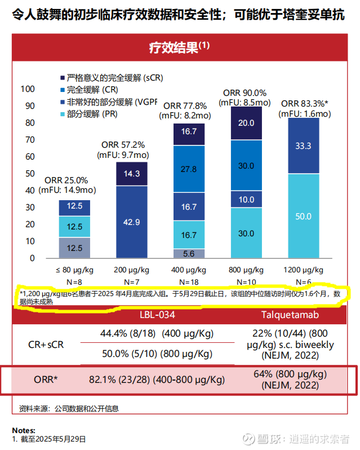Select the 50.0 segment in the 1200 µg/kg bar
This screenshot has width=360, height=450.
pos(303,216)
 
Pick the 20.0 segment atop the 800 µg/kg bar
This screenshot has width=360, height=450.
pos(246,123)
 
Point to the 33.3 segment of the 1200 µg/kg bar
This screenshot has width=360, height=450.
pos(303,145)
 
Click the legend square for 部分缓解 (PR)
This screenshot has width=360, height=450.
pos(62,114)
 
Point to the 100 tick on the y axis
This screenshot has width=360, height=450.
pos(28,89)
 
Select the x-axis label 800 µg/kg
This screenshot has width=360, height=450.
pos(246,270)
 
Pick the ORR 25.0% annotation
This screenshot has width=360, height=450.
pos(66,180)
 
